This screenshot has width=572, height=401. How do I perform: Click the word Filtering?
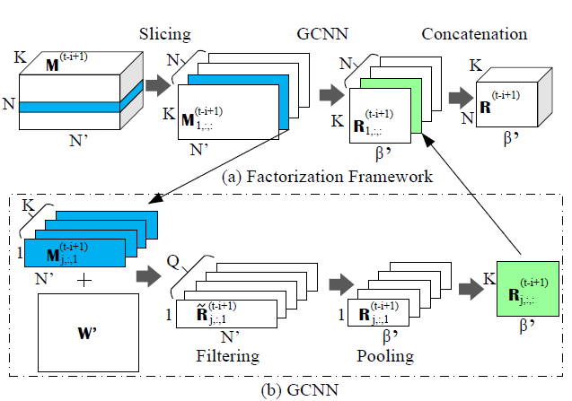coord(228,356)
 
